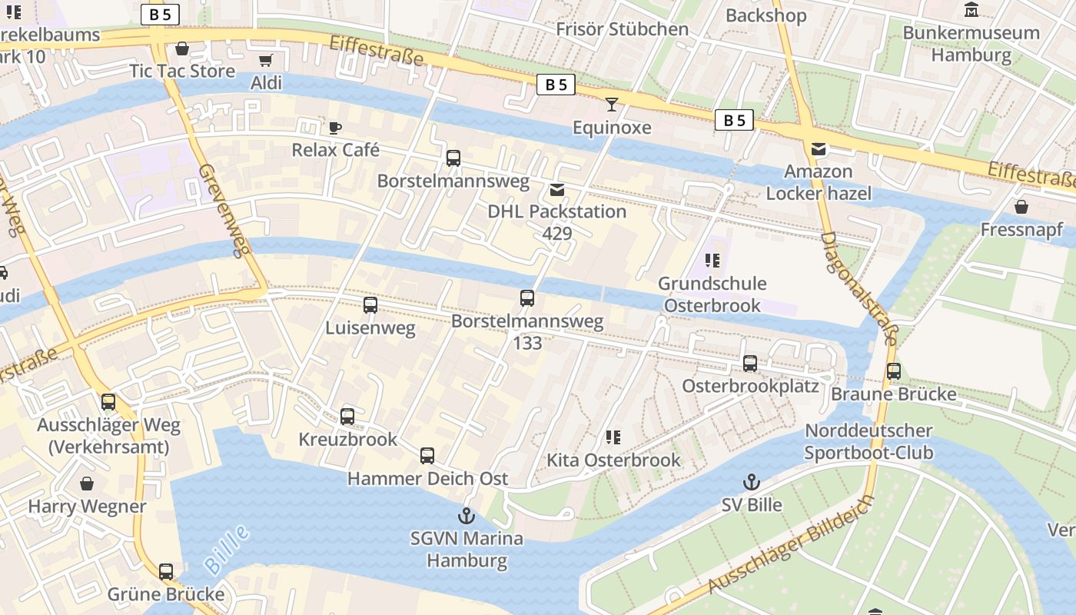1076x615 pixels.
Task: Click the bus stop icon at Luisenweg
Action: (370, 305)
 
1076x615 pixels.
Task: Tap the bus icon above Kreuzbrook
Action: (347, 417)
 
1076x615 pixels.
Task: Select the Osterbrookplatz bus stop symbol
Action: (750, 364)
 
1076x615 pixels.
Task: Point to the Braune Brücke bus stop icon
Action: (894, 371)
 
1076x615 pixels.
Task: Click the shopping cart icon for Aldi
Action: (266, 60)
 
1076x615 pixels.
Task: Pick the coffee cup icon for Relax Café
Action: (335, 128)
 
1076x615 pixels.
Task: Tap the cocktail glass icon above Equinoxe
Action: (612, 105)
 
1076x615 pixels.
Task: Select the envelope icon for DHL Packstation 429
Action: (556, 189)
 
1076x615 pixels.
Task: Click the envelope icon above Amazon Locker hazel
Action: (819, 149)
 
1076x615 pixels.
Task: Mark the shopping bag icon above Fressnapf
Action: (1021, 207)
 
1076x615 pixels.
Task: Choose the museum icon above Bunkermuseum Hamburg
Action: (971, 10)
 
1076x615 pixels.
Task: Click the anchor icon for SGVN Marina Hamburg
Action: (467, 516)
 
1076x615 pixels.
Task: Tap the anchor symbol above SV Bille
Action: (752, 482)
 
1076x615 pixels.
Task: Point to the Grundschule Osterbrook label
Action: (712, 294)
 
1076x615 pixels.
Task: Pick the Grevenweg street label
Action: (221, 210)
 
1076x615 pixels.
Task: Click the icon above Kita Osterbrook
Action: (613, 437)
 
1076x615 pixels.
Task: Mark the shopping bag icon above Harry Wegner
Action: (87, 484)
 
